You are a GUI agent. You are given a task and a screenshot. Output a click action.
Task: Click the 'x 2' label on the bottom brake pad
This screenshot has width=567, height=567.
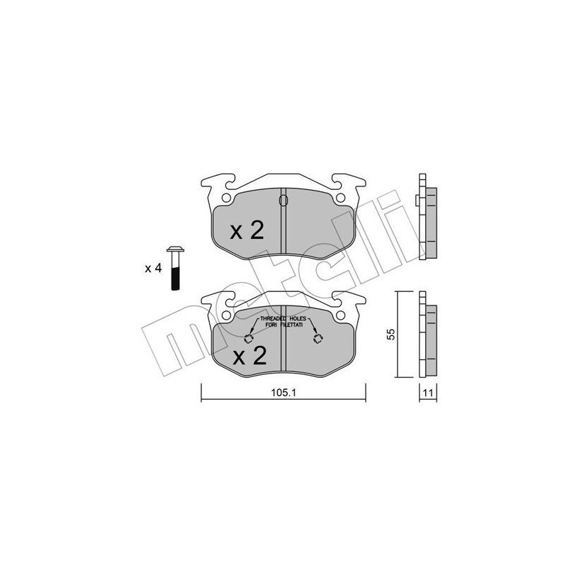[249, 356]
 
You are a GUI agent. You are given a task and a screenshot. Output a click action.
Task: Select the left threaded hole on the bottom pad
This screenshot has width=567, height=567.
[250, 338]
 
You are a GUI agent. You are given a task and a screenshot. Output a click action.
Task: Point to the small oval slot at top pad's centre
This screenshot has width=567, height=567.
[283, 201]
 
